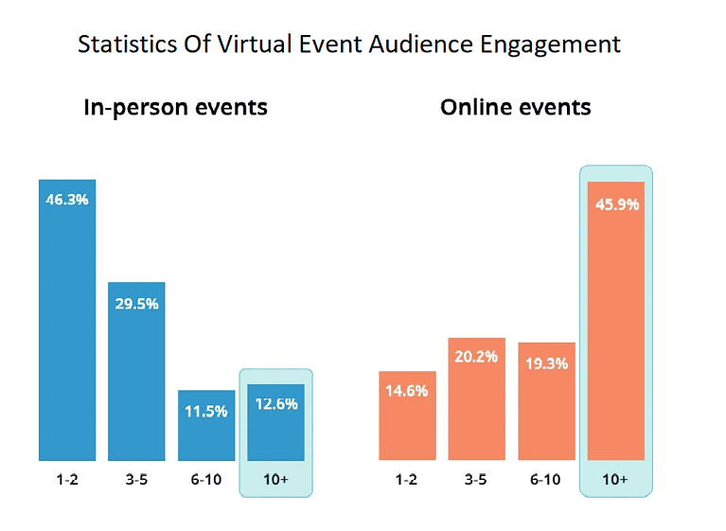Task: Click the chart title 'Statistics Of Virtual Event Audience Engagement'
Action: (x=348, y=44)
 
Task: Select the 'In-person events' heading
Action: (x=175, y=107)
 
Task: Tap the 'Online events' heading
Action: (x=515, y=107)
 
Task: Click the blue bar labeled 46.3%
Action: (x=67, y=322)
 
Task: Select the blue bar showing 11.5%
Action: (x=206, y=426)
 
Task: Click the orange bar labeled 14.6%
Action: (x=406, y=416)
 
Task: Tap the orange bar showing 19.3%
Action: (x=545, y=402)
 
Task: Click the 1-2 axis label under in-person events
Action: (x=67, y=480)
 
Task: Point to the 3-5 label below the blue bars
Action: (x=136, y=480)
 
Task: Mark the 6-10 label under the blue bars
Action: (x=206, y=480)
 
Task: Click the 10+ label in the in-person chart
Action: (x=275, y=480)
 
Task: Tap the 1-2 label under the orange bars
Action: (x=406, y=480)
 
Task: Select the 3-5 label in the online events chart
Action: (x=476, y=480)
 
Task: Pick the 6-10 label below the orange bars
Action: (x=545, y=480)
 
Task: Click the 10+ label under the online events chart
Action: (x=615, y=480)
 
